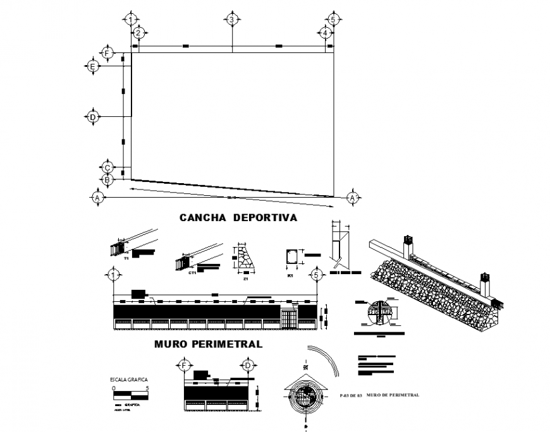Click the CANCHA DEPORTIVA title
coord(238,217)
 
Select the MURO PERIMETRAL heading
coord(208,344)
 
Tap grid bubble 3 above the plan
coord(232,20)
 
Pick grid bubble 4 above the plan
coord(324,33)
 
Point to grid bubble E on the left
coord(92,66)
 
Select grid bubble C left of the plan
coord(107,167)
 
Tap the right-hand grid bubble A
coord(352,198)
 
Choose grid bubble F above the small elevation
coord(185,366)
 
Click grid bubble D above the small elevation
coord(247,366)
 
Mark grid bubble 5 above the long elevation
coord(316,275)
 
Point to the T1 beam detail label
coord(126,259)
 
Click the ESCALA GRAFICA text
coord(129,380)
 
